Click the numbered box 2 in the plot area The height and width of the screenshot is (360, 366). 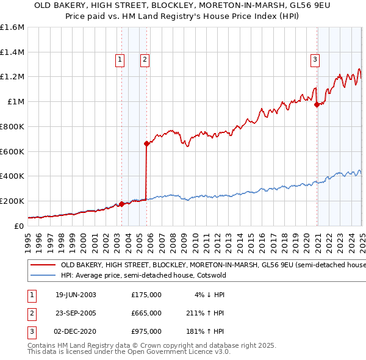click(145, 59)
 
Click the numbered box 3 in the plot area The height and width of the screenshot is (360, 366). click(315, 59)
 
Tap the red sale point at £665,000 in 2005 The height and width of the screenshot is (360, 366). click(146, 143)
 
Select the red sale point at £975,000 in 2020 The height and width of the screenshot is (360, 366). click(317, 104)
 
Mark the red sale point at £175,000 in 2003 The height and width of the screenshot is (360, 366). click(121, 204)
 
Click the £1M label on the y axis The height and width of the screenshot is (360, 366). click(15, 102)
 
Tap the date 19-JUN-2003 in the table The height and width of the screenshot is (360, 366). click(76, 294)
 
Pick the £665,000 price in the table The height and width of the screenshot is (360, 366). click(146, 313)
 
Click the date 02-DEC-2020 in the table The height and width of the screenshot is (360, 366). click(76, 332)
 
